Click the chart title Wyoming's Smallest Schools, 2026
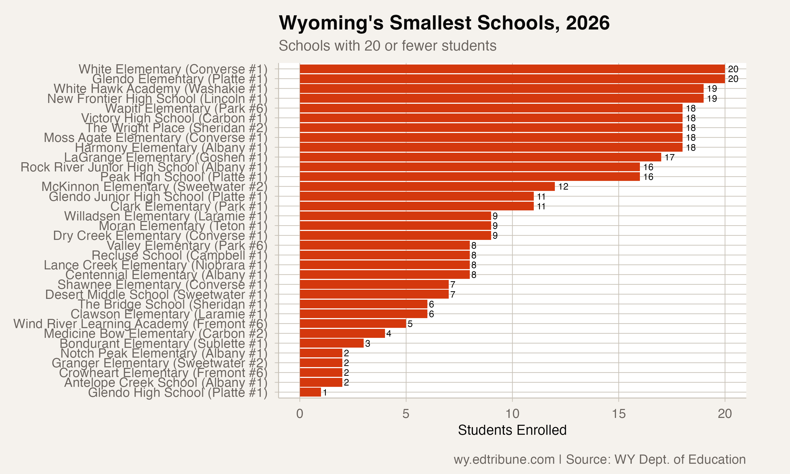(444, 23)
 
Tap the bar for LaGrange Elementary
(480, 157)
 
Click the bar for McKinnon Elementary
(427, 186)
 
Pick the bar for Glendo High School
(310, 392)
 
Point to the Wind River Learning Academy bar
(353, 324)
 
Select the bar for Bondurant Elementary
(332, 343)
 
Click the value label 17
(669, 157)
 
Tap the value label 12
(563, 186)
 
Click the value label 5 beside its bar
(410, 324)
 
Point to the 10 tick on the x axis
(512, 414)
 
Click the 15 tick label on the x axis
(619, 414)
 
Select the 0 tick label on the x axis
(299, 414)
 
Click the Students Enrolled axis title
(512, 430)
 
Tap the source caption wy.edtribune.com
(599, 460)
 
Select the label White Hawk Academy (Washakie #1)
(160, 88)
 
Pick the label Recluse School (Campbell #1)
(179, 255)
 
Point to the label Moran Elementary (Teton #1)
(183, 226)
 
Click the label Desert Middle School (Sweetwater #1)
(156, 294)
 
